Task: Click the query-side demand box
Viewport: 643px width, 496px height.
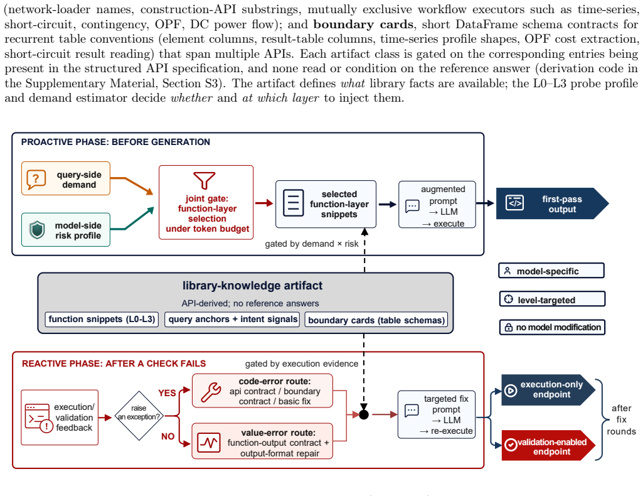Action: pyautogui.click(x=66, y=178)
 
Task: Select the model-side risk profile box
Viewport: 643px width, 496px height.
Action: pyautogui.click(x=66, y=230)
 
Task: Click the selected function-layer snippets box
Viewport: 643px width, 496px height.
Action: pyautogui.click(x=326, y=204)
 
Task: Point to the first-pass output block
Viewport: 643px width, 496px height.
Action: pyautogui.click(x=552, y=203)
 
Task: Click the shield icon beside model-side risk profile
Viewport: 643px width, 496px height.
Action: pyautogui.click(x=37, y=230)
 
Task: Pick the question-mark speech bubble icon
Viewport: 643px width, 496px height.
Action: pyautogui.click(x=36, y=180)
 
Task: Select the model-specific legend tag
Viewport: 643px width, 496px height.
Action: pyautogui.click(x=551, y=271)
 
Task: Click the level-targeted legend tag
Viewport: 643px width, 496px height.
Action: pyautogui.click(x=552, y=299)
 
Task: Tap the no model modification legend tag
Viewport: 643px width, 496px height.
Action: pyautogui.click(x=552, y=327)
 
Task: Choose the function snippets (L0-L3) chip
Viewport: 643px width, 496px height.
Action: pyautogui.click(x=102, y=319)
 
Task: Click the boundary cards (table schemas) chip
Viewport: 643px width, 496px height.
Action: pyautogui.click(x=376, y=320)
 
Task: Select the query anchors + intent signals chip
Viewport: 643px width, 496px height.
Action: pyautogui.click(x=232, y=319)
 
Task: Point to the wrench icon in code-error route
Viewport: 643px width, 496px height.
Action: pyautogui.click(x=211, y=392)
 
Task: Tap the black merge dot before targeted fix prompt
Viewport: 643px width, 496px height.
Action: pyautogui.click(x=364, y=415)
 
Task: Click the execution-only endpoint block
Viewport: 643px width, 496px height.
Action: pyautogui.click(x=548, y=390)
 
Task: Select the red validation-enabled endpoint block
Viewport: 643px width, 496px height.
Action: pyautogui.click(x=548, y=446)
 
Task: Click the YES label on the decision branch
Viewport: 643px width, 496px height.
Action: pyautogui.click(x=167, y=393)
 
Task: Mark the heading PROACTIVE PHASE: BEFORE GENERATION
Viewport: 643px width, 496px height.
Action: pyautogui.click(x=115, y=142)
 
